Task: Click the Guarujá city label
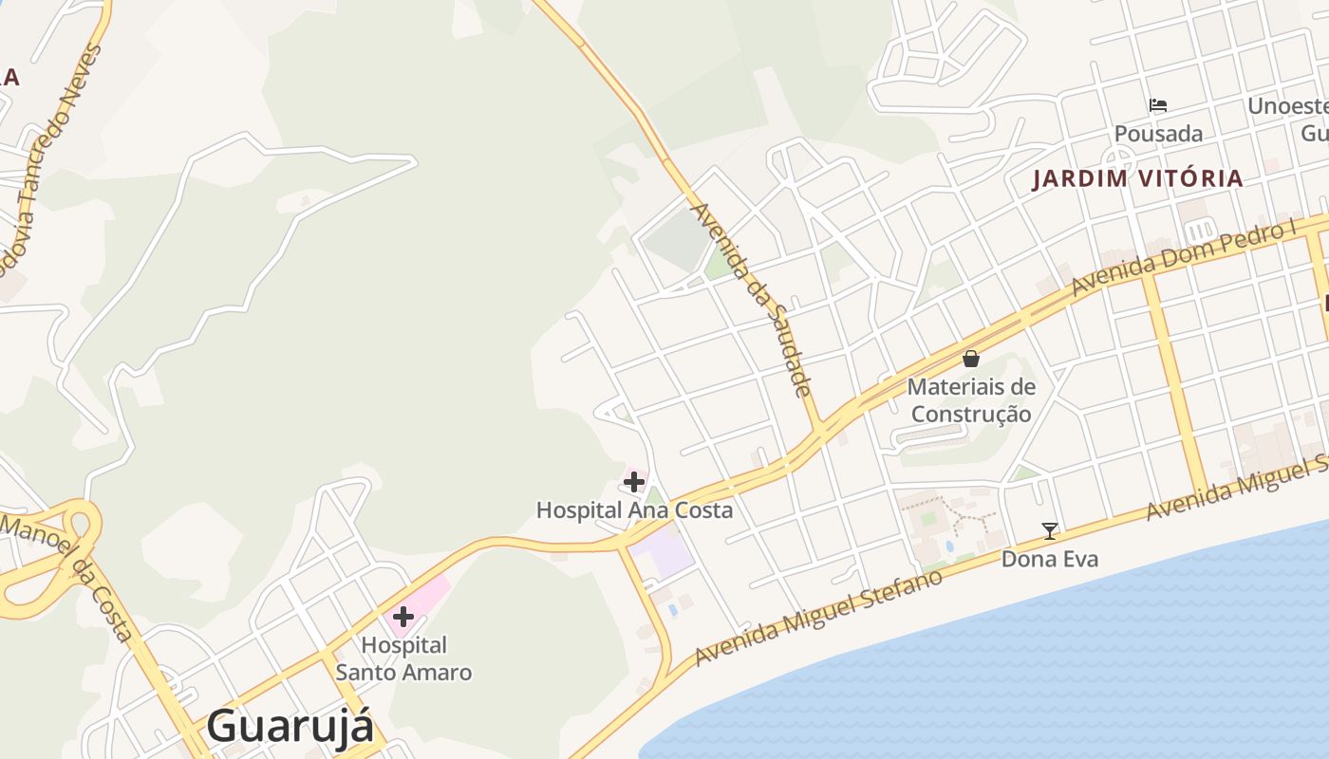290,726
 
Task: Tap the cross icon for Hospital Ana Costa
634,482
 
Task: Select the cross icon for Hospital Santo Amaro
403,617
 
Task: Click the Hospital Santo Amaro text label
403,658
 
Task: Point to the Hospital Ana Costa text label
634,510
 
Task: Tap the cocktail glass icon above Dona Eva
1050,531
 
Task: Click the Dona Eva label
1050,559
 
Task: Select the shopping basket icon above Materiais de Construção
971,359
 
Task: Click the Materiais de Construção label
971,400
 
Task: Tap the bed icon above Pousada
1158,105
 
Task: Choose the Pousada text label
1158,134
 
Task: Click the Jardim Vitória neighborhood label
1137,178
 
